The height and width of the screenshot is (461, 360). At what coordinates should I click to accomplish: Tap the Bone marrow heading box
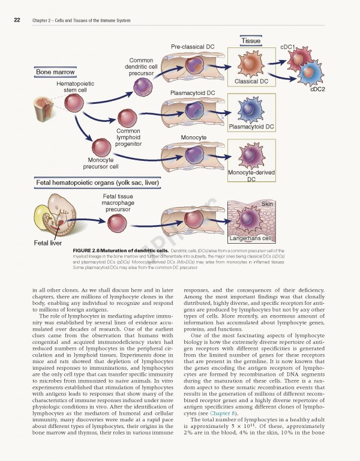pos(55,72)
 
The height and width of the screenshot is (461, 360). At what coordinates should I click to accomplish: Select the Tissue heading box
pos(251,41)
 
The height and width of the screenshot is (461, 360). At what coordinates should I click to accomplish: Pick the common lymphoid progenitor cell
pos(127,117)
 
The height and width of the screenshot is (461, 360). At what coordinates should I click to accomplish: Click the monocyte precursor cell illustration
pos(100,146)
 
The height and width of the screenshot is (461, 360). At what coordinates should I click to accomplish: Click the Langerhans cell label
pos(251,239)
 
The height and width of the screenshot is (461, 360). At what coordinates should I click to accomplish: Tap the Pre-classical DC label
pos(193,46)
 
